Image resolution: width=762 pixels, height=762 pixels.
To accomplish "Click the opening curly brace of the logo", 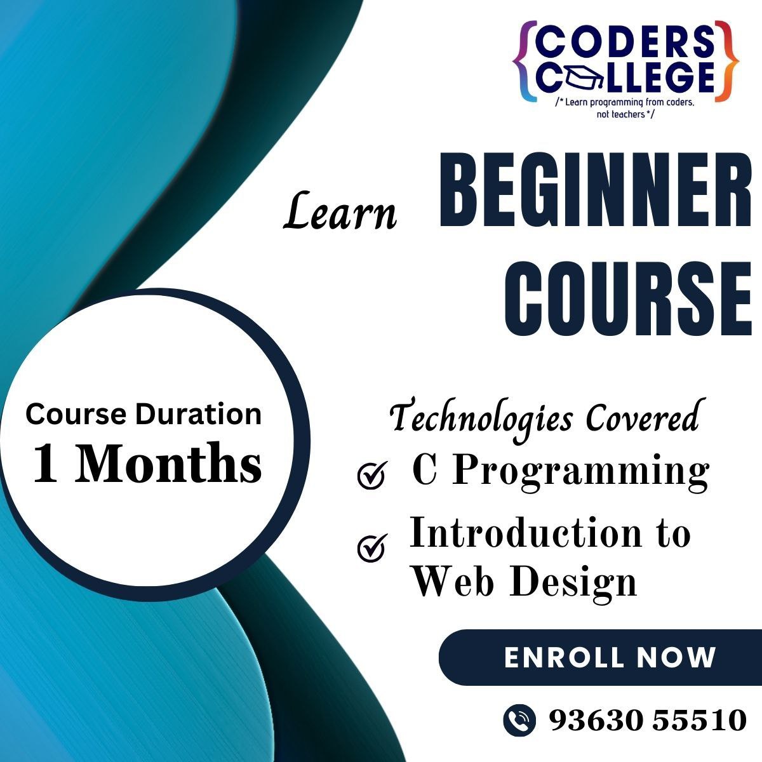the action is [525, 62].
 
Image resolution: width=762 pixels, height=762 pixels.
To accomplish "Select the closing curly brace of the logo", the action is [727, 62].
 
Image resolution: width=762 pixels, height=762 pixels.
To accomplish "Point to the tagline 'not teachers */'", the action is [625, 114].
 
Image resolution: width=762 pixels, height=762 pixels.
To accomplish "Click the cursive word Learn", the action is [340, 211].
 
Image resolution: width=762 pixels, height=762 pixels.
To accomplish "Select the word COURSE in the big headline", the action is [628, 299].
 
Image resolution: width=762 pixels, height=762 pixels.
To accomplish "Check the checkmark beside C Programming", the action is [371, 475].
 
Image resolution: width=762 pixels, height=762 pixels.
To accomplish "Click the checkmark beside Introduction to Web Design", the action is [371, 547].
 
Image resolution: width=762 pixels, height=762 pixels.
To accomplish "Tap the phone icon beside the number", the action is [519, 720].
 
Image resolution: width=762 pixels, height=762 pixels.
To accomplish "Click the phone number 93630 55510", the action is [648, 719].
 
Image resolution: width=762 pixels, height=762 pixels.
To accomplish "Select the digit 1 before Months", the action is [46, 462].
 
